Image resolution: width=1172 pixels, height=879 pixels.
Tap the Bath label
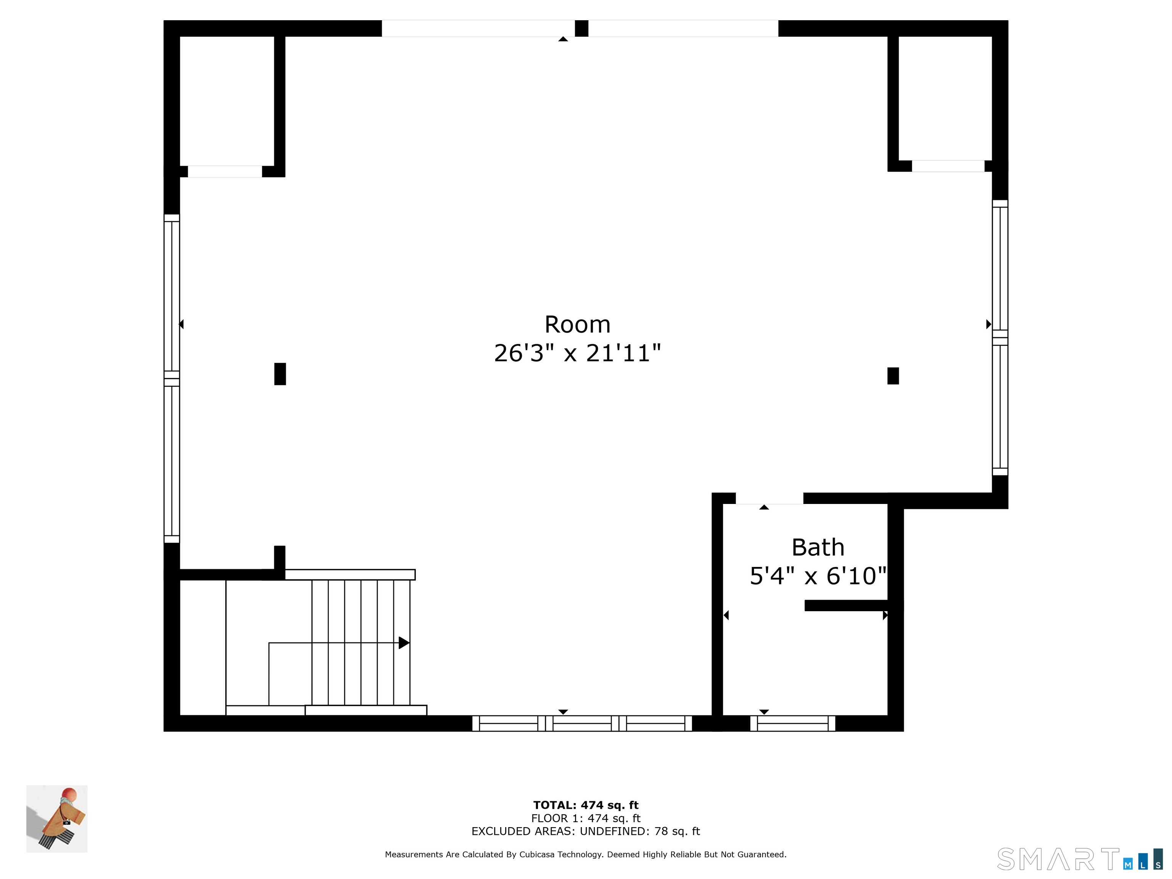tap(818, 547)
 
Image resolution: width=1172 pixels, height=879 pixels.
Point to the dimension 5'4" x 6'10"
tap(818, 576)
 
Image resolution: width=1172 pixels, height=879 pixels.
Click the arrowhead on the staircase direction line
tap(404, 643)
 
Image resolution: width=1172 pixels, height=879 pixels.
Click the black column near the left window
tap(280, 373)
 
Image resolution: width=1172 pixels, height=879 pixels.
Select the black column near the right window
tap(893, 376)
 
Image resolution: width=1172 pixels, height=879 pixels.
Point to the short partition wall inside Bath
tap(846, 605)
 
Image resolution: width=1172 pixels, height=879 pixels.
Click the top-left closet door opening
tap(225, 171)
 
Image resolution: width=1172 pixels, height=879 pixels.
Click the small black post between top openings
tap(581, 28)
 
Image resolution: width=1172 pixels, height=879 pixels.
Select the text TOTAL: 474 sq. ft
tap(586, 805)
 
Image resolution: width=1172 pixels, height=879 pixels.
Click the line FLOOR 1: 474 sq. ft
tap(586, 818)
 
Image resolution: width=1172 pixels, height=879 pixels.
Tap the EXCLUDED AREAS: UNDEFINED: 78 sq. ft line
tap(586, 831)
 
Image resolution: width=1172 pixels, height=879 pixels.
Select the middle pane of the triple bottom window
tap(582, 723)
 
